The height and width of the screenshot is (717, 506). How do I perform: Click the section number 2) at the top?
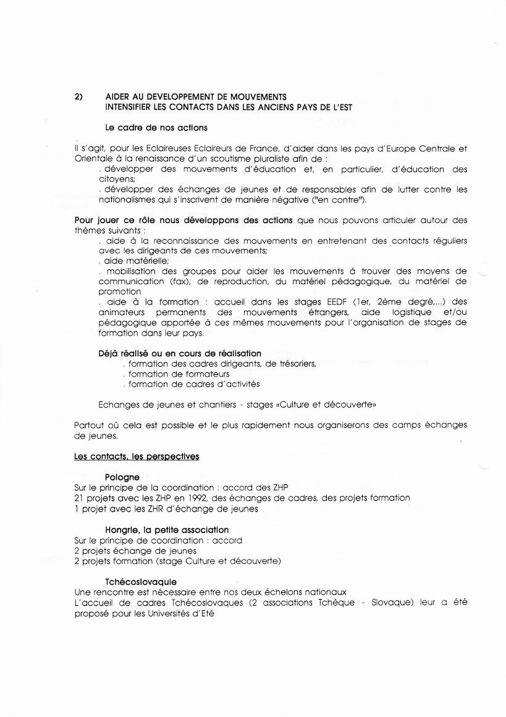(78, 97)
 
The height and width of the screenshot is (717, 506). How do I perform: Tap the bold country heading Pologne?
(122, 477)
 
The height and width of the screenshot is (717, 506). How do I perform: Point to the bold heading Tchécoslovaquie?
(141, 582)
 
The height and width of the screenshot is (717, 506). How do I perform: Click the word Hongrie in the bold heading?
(121, 530)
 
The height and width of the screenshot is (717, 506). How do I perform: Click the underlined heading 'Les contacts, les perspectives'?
(136, 456)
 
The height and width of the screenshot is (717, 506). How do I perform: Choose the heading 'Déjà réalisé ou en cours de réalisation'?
(179, 353)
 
